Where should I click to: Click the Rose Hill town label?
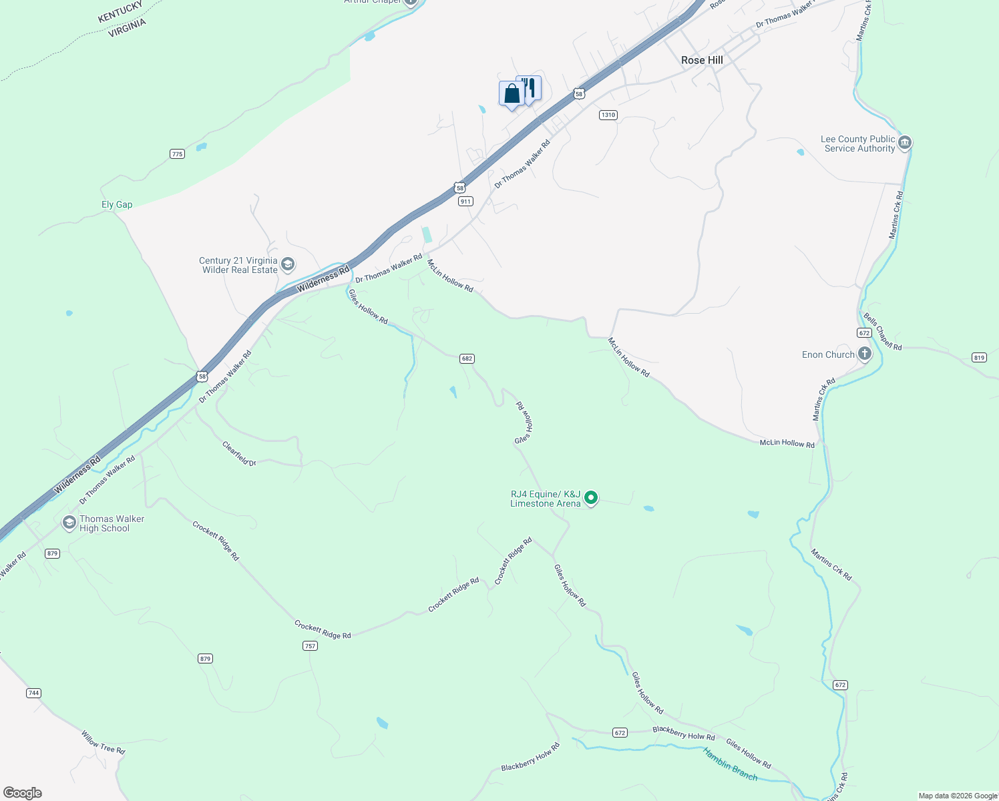(702, 60)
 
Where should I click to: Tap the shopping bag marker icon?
(512, 93)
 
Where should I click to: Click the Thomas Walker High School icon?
(69, 523)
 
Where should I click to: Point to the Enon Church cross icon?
(865, 354)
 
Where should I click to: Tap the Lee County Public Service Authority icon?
(905, 143)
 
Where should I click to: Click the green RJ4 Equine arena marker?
(591, 498)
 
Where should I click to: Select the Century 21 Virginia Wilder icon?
(288, 265)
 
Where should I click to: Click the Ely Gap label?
(117, 205)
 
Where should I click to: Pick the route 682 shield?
(467, 358)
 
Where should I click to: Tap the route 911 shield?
(465, 201)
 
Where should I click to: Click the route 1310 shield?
(608, 115)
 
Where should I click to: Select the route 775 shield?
(177, 154)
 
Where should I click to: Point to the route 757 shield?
(310, 645)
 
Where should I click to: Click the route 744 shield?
(33, 693)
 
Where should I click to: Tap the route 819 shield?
(980, 358)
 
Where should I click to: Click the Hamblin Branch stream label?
(730, 764)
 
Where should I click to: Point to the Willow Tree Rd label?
(103, 742)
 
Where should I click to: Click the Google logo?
(23, 792)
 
